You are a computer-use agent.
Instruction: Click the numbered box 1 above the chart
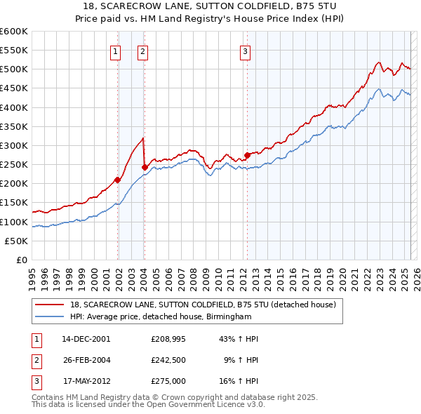[114, 51]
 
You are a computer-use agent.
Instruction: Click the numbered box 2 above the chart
[142, 51]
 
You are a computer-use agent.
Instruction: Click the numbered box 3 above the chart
[245, 51]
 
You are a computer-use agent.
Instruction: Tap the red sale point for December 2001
[118, 180]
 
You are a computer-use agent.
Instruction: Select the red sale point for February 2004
[145, 167]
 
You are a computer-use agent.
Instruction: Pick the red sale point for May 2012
[247, 155]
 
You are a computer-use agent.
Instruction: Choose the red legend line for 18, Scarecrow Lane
[50, 305]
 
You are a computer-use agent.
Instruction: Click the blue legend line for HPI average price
[50, 316]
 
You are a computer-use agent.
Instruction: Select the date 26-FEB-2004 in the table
[86, 360]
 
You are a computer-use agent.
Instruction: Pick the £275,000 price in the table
[168, 381]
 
